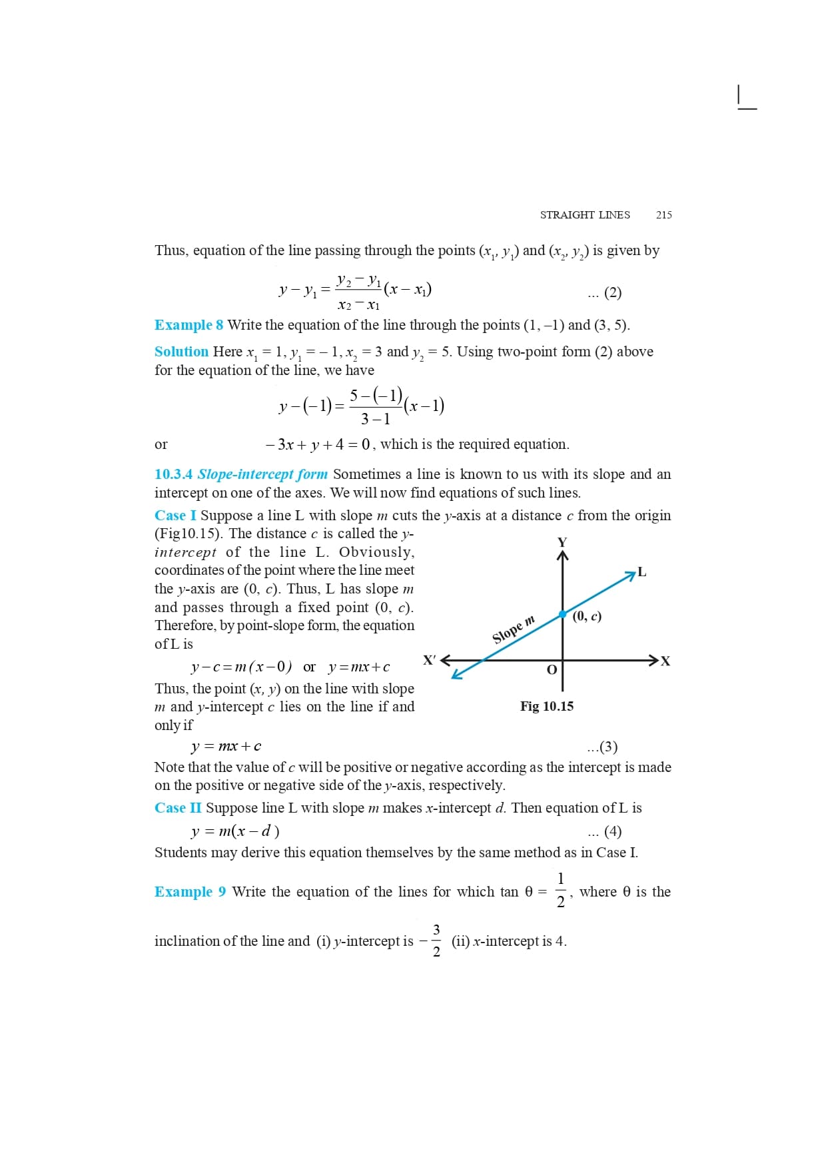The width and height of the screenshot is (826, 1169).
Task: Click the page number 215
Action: coord(663,214)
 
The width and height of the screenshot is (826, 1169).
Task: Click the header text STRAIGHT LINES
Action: coord(584,214)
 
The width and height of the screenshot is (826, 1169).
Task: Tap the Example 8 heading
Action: coord(189,325)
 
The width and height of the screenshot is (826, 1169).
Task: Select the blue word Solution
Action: coord(181,351)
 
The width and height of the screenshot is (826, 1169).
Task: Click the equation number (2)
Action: coord(612,292)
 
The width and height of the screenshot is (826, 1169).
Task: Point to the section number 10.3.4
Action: coord(173,474)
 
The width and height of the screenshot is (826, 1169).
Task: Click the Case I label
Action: coord(175,516)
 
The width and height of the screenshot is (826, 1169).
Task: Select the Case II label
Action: coord(178,808)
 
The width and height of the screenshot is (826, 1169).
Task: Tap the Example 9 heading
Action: coord(190,892)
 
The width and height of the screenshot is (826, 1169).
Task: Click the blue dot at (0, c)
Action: coord(562,613)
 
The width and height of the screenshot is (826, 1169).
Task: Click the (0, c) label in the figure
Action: coord(587,616)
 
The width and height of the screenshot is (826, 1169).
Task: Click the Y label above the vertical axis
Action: coord(562,542)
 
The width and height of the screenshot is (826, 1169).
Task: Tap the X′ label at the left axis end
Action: coord(430,660)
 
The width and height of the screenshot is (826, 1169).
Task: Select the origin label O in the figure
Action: coord(552,669)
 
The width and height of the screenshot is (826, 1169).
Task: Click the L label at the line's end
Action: coord(641,572)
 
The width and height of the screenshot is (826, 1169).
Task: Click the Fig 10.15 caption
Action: coord(546,706)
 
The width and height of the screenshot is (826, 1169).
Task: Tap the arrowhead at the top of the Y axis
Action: coord(562,556)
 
